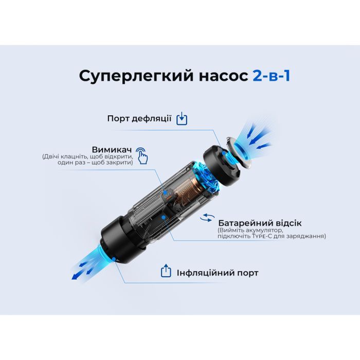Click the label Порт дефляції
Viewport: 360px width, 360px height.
tap(139, 118)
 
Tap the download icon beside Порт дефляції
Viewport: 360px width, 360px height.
tap(182, 119)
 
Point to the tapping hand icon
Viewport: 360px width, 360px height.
tap(142, 156)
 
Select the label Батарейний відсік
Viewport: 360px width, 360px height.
tap(260, 223)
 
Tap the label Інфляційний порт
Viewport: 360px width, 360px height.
tap(218, 273)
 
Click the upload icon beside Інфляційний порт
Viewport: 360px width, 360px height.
tap(166, 271)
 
